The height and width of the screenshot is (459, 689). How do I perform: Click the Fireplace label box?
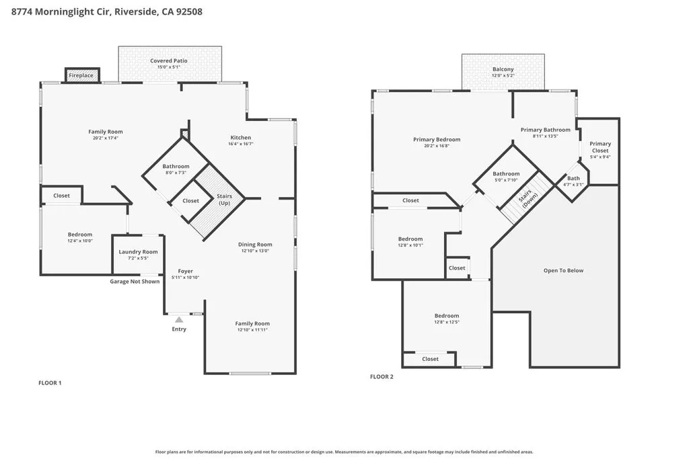[x=81, y=75]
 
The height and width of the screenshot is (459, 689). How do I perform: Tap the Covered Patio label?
[x=168, y=61]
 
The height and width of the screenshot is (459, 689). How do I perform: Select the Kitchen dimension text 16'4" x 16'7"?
[x=240, y=144]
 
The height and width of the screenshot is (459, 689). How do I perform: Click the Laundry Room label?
[x=138, y=252]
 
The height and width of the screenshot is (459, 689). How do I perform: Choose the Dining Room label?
[x=255, y=245]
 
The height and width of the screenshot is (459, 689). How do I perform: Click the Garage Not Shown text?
[x=135, y=282]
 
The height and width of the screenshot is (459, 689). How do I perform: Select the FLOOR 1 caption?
[x=50, y=383]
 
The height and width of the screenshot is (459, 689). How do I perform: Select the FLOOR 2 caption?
[x=382, y=377]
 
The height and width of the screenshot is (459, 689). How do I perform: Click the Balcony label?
[x=503, y=69]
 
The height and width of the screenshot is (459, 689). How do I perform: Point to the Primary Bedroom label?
[x=437, y=140]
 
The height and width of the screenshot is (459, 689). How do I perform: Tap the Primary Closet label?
[x=600, y=147]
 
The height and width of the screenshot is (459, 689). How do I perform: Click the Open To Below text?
[x=563, y=271]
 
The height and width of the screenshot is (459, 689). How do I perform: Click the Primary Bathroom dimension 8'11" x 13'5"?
[x=545, y=136]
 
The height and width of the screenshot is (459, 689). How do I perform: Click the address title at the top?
[x=107, y=11]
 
